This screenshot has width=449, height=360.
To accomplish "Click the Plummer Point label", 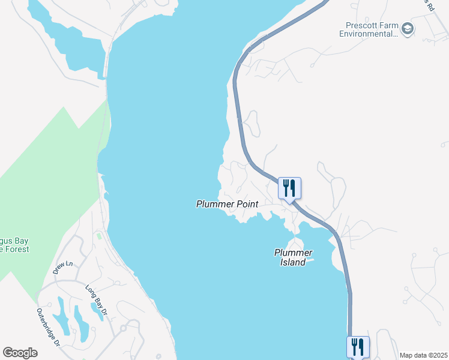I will (227, 204).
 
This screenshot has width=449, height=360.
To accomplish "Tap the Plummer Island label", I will (293, 257).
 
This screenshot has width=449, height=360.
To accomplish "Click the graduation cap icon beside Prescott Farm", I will (408, 28).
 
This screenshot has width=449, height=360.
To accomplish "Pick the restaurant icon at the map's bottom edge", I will (358, 346).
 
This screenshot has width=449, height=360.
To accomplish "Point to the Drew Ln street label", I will (62, 267).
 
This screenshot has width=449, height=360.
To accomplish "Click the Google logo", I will (20, 352).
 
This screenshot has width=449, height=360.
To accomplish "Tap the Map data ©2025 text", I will (423, 355).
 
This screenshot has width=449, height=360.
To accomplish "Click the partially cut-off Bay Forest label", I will (14, 245).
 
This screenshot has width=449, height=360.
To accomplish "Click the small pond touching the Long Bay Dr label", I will (97, 310).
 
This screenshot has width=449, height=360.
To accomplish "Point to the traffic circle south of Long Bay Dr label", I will (123, 328).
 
